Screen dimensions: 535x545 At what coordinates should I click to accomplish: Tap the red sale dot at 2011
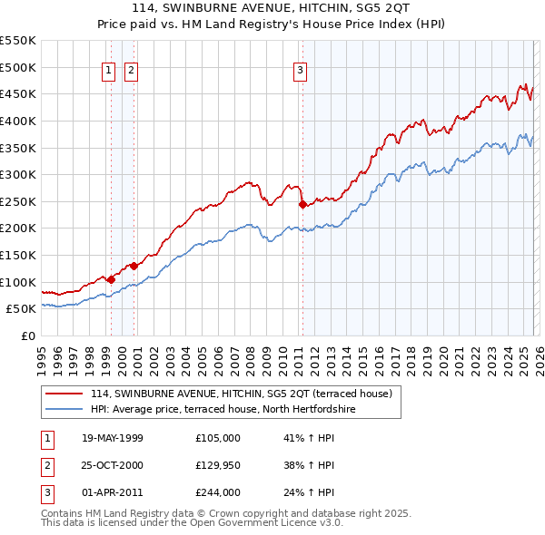[x=302, y=204]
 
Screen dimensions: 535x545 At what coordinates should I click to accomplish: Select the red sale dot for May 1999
[x=111, y=279]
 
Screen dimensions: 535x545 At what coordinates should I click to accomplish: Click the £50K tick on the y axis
[x=22, y=308]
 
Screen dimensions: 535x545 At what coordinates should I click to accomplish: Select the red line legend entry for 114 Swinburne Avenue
[x=241, y=394]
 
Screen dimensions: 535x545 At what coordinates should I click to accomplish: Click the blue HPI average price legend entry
[x=223, y=410]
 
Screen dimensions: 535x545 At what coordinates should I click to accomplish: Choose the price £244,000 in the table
[x=218, y=492]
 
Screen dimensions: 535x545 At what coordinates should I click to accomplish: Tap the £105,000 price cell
[x=218, y=438]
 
